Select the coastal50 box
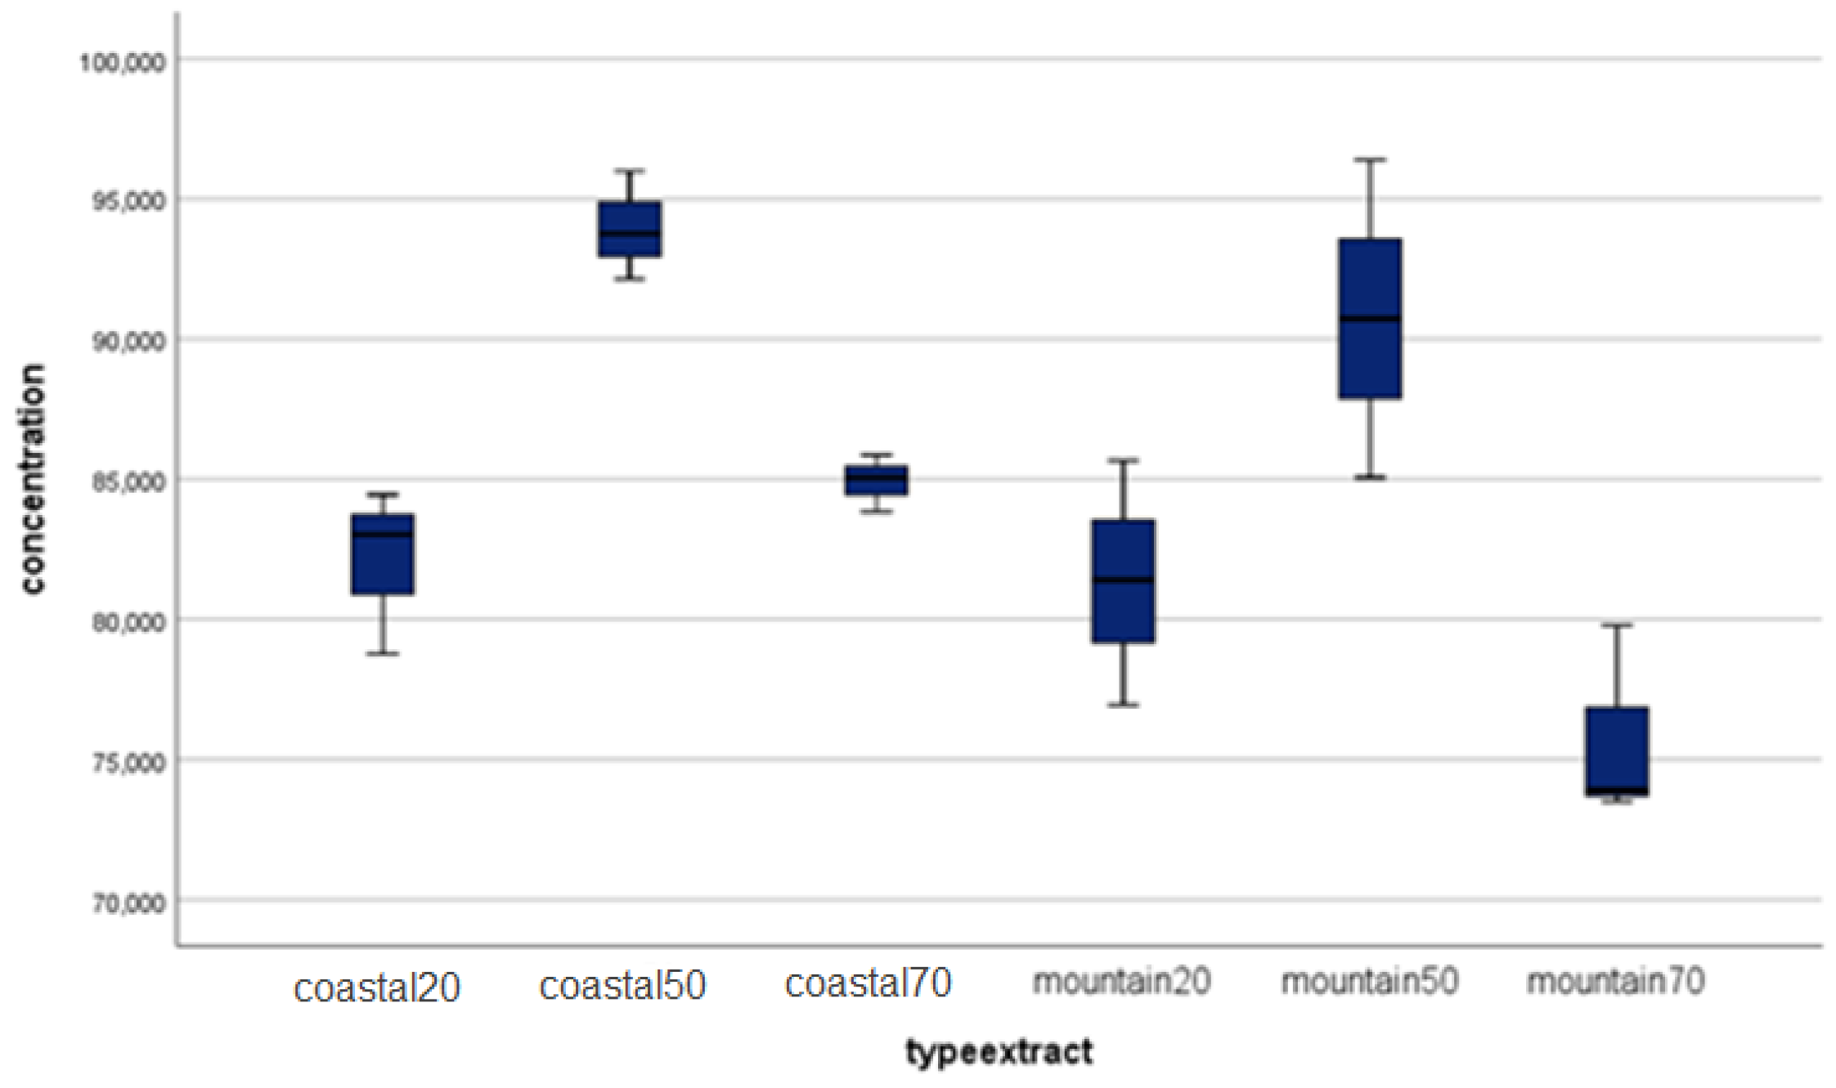(629, 229)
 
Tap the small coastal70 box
(876, 481)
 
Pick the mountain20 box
(1123, 581)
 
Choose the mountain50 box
(1370, 319)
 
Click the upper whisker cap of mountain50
(1370, 160)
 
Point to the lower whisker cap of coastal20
(382, 654)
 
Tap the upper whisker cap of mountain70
(1617, 625)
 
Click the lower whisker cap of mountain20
(1123, 705)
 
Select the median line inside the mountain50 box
(1370, 318)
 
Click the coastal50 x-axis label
(622, 986)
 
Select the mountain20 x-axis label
(1121, 982)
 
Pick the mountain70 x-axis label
(1615, 982)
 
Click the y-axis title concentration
(33, 479)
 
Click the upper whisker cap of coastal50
(629, 171)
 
